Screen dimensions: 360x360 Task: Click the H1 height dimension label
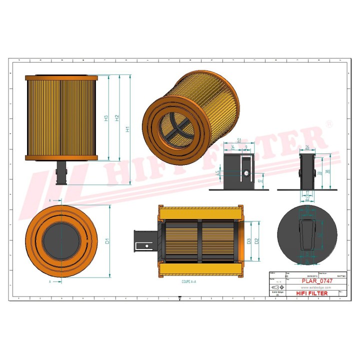[128, 129]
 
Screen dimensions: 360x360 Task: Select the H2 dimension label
[117, 118]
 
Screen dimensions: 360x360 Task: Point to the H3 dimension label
[106, 118]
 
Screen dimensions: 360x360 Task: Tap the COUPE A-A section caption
[189, 282]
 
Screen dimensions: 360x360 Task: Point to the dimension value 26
[307, 147]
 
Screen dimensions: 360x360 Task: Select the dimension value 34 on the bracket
[233, 146]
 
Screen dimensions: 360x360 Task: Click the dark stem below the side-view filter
[61, 172]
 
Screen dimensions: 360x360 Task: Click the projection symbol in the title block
[277, 288]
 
